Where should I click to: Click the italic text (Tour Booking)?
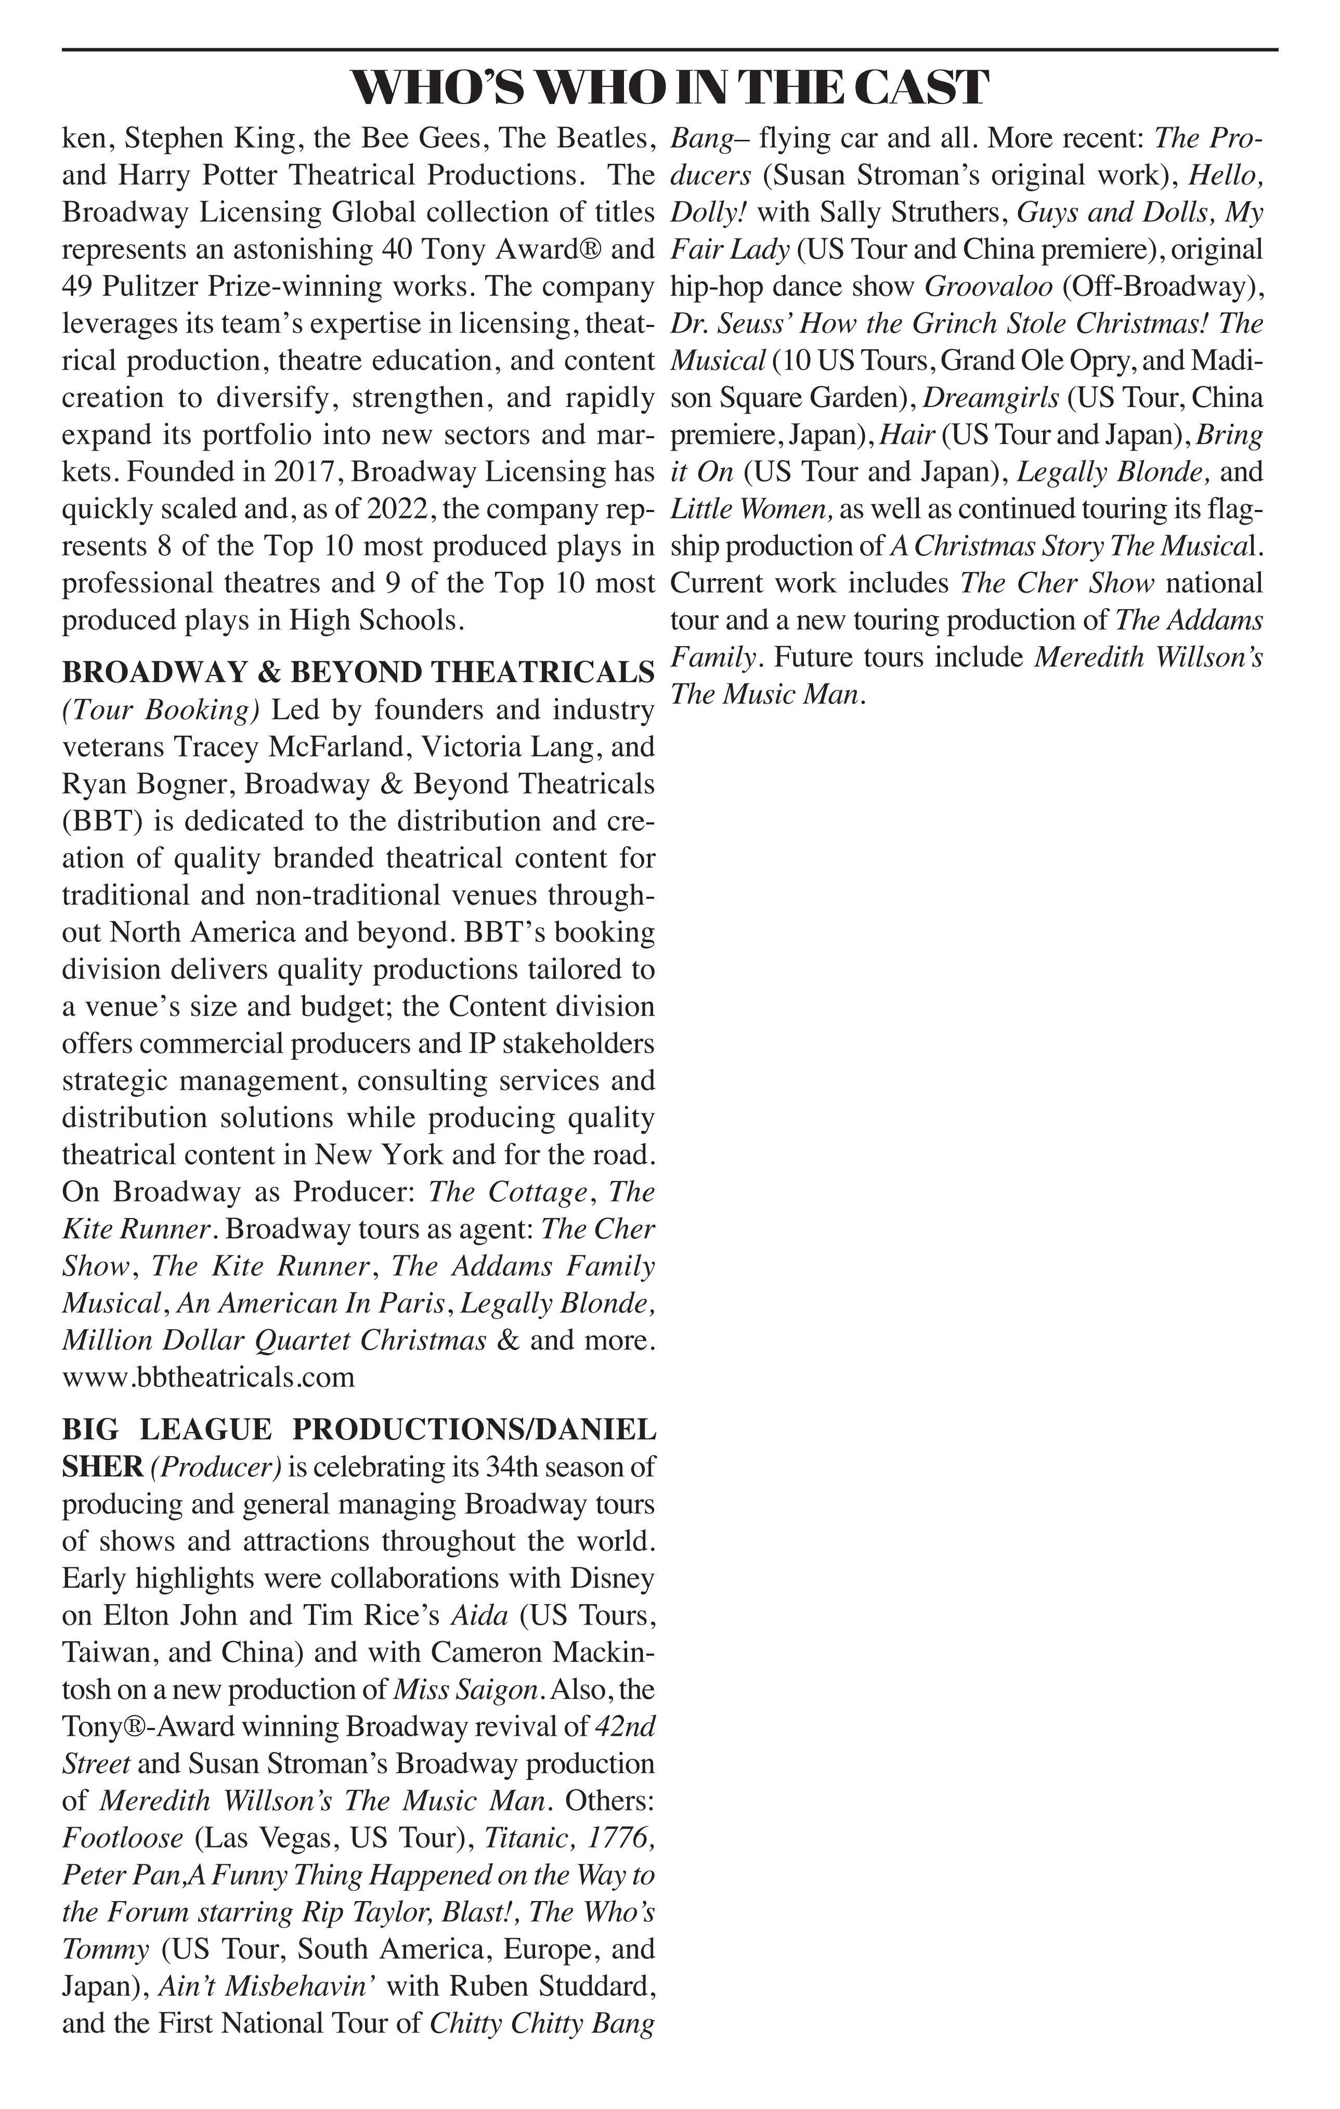(160, 710)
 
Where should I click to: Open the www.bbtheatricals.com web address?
(209, 1377)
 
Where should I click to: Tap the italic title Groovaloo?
(988, 286)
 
